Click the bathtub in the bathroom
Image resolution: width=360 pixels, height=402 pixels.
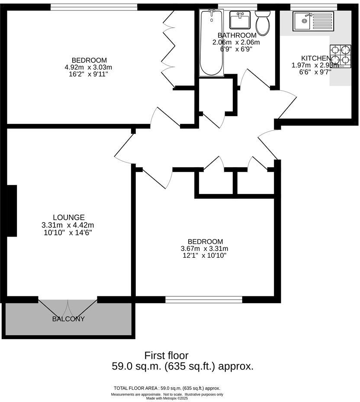(211, 43)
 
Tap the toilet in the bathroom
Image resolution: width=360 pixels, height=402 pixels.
(263, 23)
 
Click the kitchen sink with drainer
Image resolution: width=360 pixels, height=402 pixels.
(313, 21)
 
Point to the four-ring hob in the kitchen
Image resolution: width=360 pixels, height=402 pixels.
(341, 56)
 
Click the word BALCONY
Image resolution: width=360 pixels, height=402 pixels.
(68, 319)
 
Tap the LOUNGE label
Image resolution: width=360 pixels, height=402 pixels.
(68, 217)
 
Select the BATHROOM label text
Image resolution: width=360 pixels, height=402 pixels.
(237, 35)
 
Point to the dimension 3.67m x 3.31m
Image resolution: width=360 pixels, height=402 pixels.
(204, 249)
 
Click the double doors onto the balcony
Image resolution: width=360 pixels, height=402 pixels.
(68, 308)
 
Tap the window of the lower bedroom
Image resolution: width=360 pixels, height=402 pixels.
(204, 299)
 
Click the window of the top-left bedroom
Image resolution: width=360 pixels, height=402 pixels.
(94, 7)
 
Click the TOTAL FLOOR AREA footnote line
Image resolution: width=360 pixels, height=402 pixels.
(167, 388)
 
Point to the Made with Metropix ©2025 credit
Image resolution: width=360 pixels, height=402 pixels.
(167, 398)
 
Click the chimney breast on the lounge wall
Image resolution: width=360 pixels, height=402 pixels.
(12, 211)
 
